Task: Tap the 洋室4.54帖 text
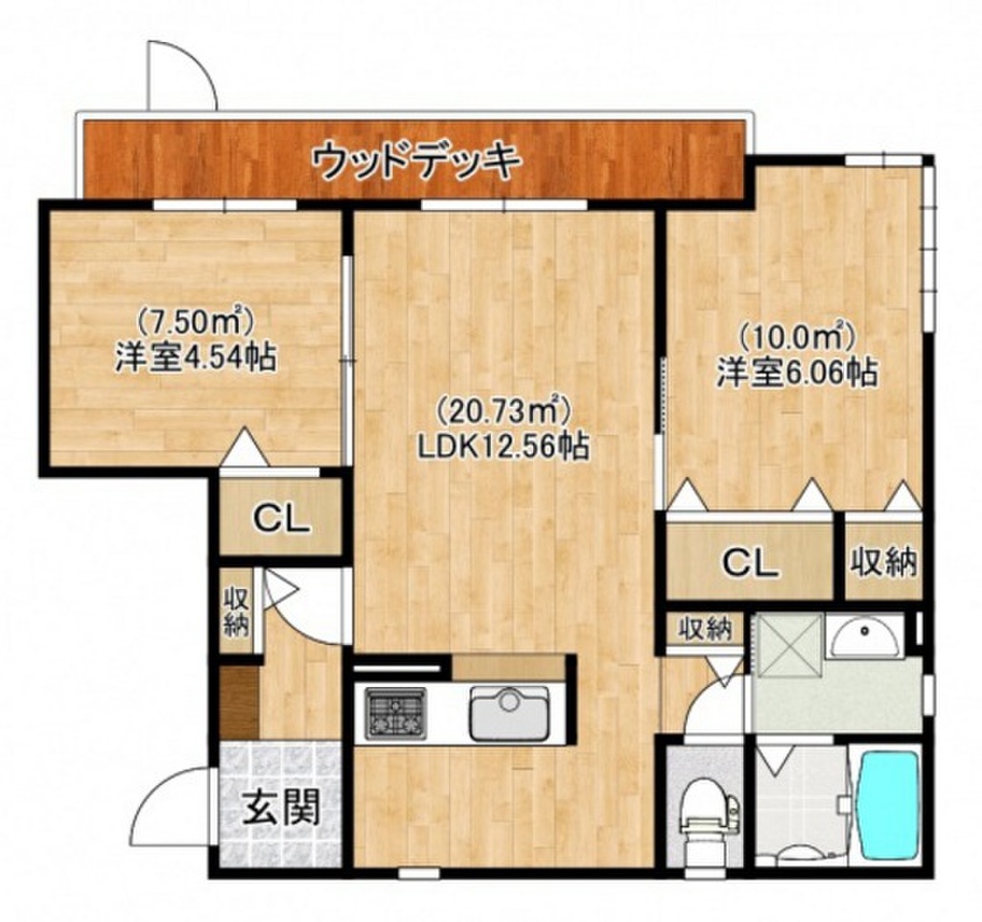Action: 195,360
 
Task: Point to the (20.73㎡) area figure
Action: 504,414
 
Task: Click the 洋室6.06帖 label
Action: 797,373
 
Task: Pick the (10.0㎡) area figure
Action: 796,337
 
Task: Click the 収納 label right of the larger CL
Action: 883,561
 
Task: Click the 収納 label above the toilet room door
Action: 705,629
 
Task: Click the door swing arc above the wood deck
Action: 182,77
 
